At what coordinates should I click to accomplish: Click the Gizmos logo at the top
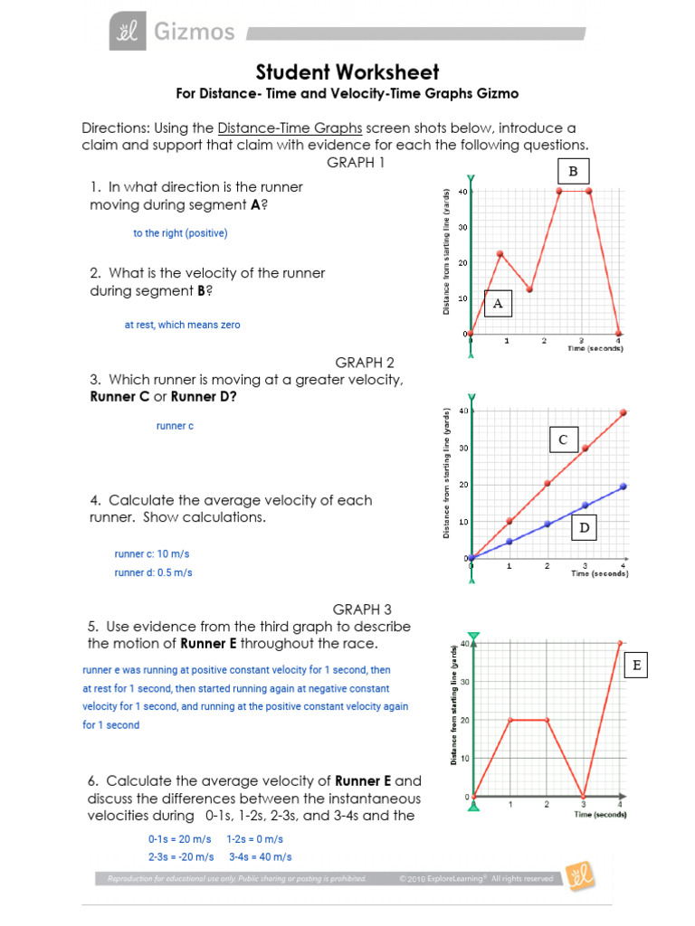(x=172, y=33)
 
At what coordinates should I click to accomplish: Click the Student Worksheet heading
(x=347, y=71)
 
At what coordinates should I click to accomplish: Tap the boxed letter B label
(x=572, y=171)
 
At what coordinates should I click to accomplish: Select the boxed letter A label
(x=497, y=304)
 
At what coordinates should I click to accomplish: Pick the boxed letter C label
(x=562, y=439)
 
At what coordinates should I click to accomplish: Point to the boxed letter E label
(x=637, y=666)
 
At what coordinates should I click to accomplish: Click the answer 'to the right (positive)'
(x=180, y=233)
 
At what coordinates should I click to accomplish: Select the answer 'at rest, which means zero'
(x=182, y=325)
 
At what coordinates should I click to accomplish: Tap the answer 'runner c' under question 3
(x=175, y=426)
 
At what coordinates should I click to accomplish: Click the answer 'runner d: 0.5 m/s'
(x=153, y=572)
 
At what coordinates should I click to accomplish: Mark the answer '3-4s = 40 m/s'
(x=260, y=856)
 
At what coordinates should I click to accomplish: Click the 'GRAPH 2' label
(x=365, y=362)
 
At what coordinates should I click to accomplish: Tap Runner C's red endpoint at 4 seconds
(x=623, y=412)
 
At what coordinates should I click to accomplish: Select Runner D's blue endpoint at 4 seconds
(x=623, y=487)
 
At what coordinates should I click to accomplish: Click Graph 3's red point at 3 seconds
(x=584, y=797)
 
